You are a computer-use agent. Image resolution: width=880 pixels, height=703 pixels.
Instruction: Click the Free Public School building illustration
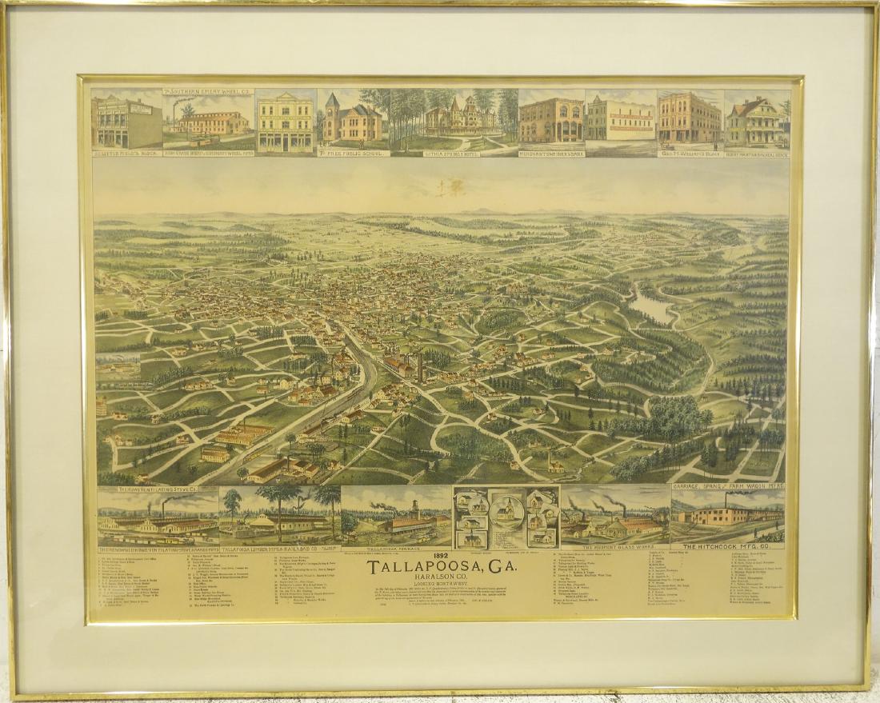352,120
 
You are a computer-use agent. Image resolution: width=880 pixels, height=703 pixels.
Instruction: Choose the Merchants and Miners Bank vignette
551,120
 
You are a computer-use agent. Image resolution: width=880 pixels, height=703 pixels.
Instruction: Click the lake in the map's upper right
652,306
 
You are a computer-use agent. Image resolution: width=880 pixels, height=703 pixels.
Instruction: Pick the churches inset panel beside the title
506,517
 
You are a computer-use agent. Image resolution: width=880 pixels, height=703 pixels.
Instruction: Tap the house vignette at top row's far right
756,120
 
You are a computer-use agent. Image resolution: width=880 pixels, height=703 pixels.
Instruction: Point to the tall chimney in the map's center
419,367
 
